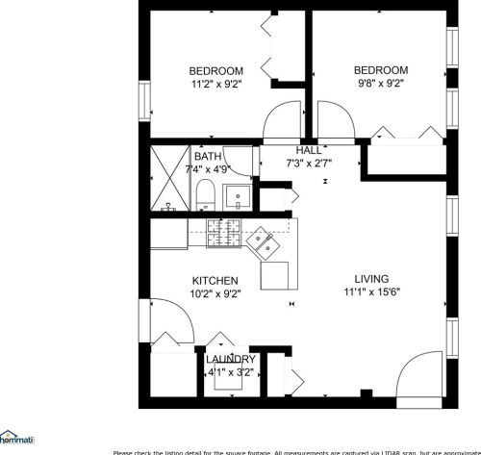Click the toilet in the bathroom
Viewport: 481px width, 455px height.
(204, 199)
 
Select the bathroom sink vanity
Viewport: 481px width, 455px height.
(238, 198)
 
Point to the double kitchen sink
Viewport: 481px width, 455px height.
(263, 244)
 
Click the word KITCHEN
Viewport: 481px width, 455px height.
(215, 280)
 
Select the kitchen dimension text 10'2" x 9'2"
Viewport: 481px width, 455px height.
(215, 294)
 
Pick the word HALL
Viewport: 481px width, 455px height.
(309, 151)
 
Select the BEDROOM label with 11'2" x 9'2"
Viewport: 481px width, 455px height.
(215, 70)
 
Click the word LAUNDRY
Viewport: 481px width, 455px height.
(231, 359)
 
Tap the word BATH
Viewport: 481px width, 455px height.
(208, 156)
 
